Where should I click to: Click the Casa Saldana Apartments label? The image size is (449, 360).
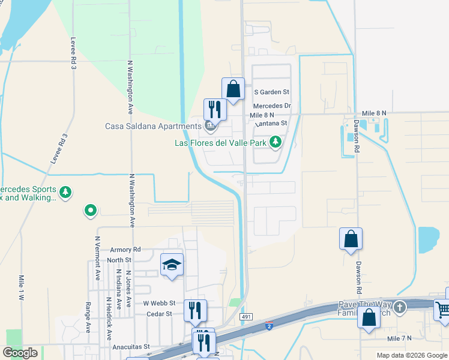point(153,126)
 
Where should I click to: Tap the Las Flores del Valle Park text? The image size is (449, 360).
point(219,143)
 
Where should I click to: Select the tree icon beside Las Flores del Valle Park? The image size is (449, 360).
point(276,142)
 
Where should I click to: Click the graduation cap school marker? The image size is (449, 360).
point(172,265)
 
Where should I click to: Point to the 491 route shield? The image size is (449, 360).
point(246,316)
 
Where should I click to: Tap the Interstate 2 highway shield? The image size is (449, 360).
point(270,325)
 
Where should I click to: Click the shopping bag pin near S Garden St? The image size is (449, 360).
point(233,89)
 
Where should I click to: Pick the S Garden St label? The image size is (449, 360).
point(272,92)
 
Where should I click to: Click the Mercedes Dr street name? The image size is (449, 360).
point(271,106)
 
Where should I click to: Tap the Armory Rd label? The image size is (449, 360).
point(125,249)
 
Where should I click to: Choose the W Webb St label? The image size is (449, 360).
point(159,303)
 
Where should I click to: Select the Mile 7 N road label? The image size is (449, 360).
point(399,338)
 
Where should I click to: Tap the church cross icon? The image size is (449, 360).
point(400,307)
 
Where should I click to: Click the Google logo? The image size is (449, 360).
point(20,352)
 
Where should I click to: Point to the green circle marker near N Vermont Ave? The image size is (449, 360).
point(90,210)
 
